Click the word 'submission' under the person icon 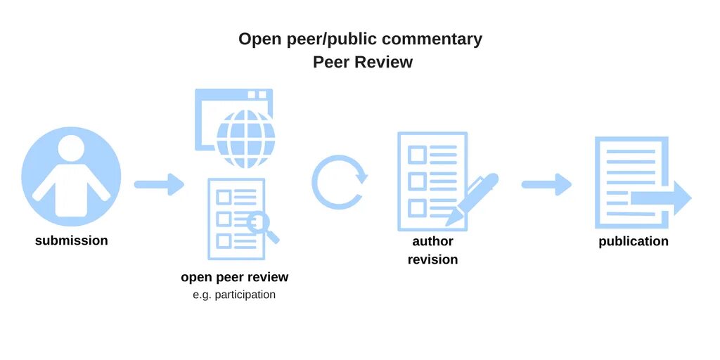click(x=72, y=240)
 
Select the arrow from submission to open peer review click(x=159, y=185)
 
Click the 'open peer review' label click(x=234, y=277)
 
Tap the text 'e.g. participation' click(x=234, y=295)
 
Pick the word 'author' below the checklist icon click(x=432, y=241)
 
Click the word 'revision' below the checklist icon click(x=432, y=259)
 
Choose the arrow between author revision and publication click(x=546, y=185)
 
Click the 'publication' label click(x=634, y=241)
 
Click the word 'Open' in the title click(x=259, y=39)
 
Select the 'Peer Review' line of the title click(x=363, y=62)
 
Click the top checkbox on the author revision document click(x=417, y=154)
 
